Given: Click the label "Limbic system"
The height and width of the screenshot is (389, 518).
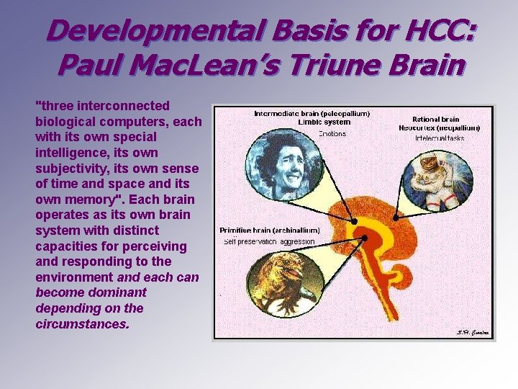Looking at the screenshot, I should click(x=312, y=122).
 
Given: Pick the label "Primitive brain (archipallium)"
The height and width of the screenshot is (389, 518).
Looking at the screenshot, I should click(x=270, y=231).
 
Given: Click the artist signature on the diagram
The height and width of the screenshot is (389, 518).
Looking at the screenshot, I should click(x=472, y=332).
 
